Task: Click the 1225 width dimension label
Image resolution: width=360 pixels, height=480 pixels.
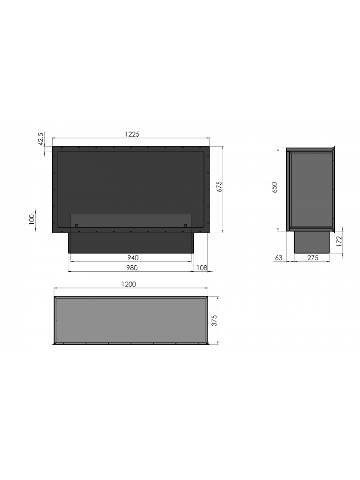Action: pyautogui.click(x=132, y=135)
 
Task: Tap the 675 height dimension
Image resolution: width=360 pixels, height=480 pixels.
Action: pyautogui.click(x=219, y=186)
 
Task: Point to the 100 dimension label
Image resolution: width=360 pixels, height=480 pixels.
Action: pyautogui.click(x=32, y=219)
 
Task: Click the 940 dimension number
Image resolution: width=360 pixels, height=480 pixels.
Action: pyautogui.click(x=132, y=258)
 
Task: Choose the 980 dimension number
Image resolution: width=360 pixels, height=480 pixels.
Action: pyautogui.click(x=132, y=268)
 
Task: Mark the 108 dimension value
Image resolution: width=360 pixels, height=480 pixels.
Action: pyautogui.click(x=202, y=268)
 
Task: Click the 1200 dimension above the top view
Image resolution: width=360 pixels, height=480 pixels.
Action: pyautogui.click(x=129, y=285)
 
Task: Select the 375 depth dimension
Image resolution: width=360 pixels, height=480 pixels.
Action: pyautogui.click(x=214, y=321)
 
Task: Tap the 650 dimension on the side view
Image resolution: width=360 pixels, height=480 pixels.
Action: pyautogui.click(x=274, y=187)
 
